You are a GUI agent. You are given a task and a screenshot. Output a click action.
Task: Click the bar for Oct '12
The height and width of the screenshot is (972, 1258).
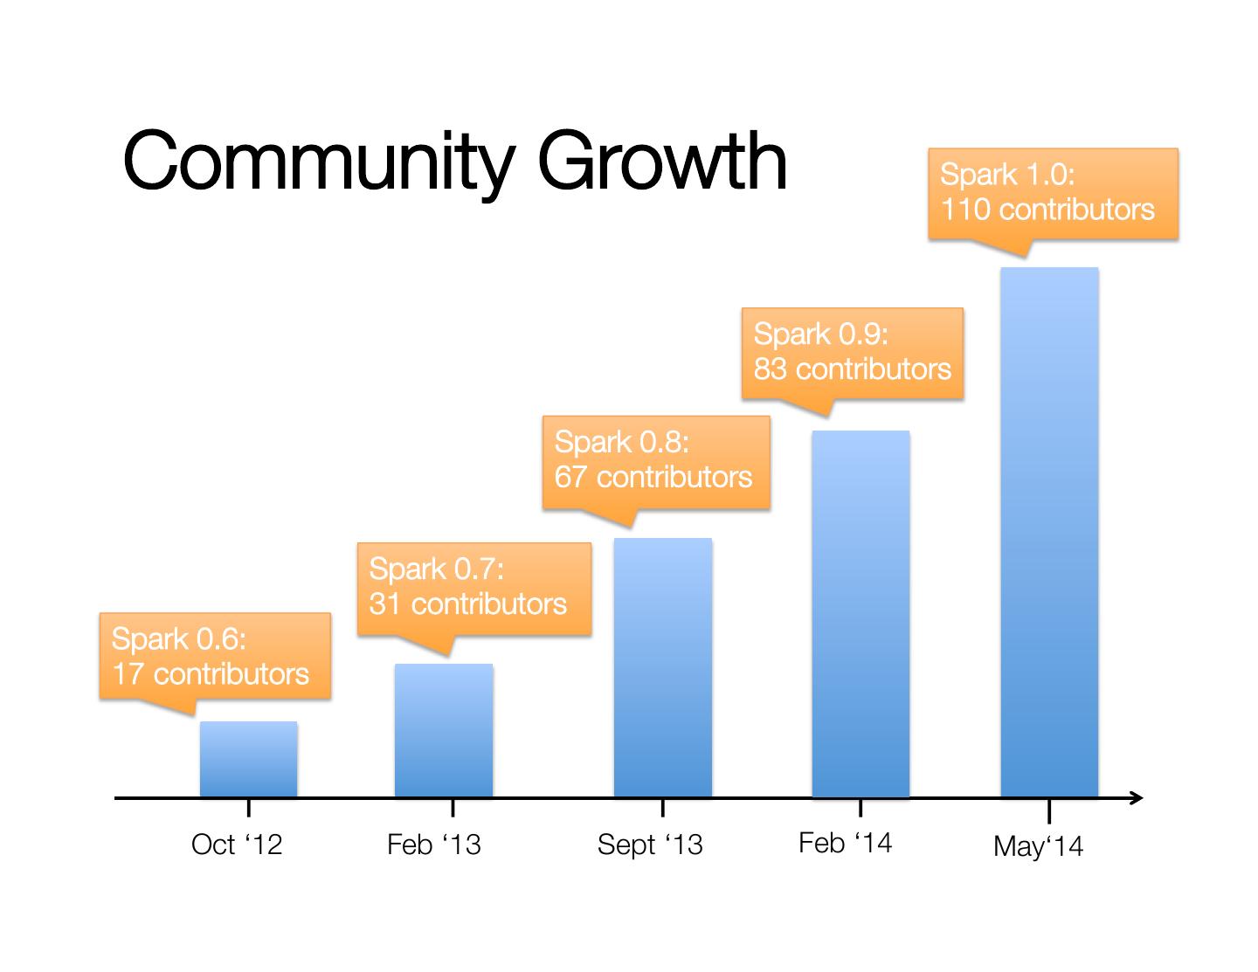(248, 759)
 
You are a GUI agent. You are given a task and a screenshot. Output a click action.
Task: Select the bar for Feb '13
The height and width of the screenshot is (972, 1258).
(444, 730)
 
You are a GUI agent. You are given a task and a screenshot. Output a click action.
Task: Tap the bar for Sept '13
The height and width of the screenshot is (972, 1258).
(663, 667)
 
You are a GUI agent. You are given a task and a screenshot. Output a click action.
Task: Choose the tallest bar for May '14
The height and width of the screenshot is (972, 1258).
(1049, 532)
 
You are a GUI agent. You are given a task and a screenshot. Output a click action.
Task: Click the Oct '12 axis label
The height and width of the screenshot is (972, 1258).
(237, 844)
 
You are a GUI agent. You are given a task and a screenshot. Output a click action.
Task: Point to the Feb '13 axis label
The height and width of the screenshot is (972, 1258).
(433, 844)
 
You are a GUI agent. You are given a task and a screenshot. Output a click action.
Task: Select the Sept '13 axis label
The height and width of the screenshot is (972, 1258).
(650, 844)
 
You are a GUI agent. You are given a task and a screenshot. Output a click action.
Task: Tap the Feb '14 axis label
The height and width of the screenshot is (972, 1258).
(845, 843)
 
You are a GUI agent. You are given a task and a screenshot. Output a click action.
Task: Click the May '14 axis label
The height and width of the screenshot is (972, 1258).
(1038, 846)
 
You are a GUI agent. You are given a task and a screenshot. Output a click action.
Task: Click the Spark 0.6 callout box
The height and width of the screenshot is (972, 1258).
(215, 656)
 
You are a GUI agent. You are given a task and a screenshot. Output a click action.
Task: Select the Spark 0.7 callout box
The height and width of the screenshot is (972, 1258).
(473, 588)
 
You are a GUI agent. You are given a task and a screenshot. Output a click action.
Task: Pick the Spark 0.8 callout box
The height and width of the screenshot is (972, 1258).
(656, 462)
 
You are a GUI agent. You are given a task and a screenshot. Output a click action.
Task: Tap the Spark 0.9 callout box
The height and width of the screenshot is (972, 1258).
(852, 353)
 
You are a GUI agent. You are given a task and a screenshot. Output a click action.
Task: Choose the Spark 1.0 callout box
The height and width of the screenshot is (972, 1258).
(1053, 193)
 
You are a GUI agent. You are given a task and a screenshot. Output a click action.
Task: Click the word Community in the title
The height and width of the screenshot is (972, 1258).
(315, 162)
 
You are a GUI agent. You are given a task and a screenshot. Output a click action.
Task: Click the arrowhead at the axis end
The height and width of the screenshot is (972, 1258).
(1135, 797)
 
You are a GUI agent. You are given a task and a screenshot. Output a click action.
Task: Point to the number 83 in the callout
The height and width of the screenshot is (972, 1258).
(771, 369)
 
